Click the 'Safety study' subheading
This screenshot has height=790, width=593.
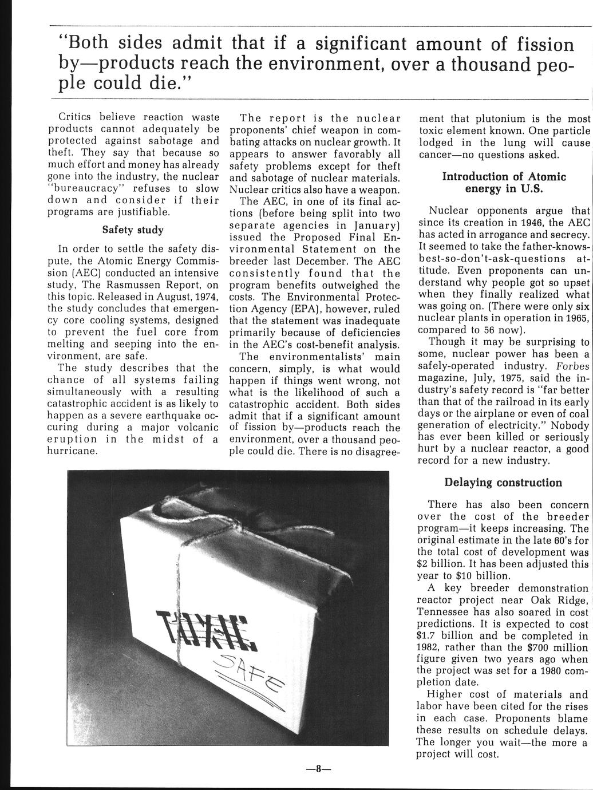[133, 230]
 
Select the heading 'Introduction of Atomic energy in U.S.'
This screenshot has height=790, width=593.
[504, 183]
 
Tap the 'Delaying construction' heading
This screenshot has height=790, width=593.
[503, 483]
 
